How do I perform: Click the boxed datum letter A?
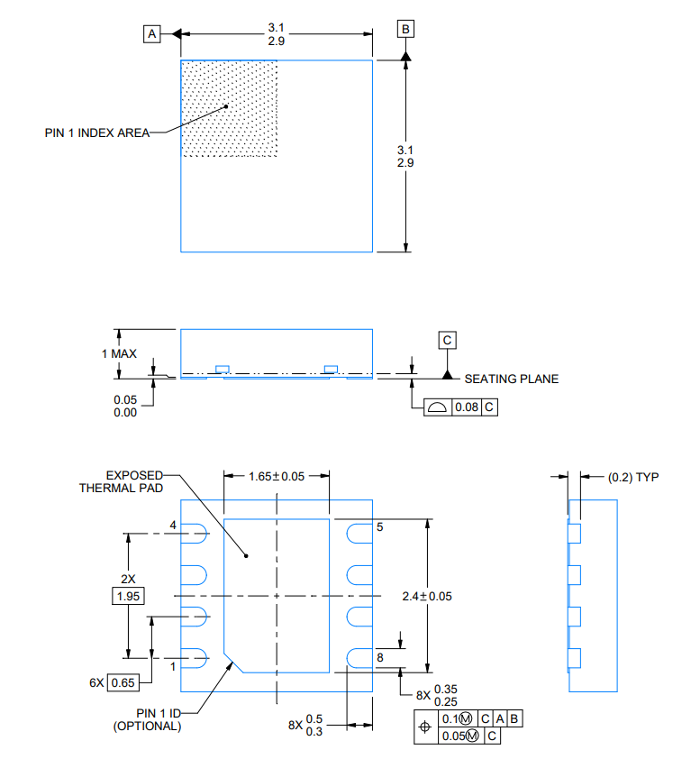point(151,33)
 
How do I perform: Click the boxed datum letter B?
point(405,30)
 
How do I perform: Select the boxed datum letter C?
point(447,340)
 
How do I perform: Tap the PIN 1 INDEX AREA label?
point(96,133)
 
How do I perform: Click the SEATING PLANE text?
point(511,379)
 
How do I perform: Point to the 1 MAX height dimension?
point(119,353)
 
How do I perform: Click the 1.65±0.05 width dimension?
point(276,476)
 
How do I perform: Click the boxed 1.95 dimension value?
point(127,596)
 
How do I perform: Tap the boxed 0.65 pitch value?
point(122,682)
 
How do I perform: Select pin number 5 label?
point(380,527)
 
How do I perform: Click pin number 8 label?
point(380,657)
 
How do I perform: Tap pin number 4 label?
point(173,526)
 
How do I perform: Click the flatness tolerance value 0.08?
point(466,407)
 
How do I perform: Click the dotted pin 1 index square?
point(230,109)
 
